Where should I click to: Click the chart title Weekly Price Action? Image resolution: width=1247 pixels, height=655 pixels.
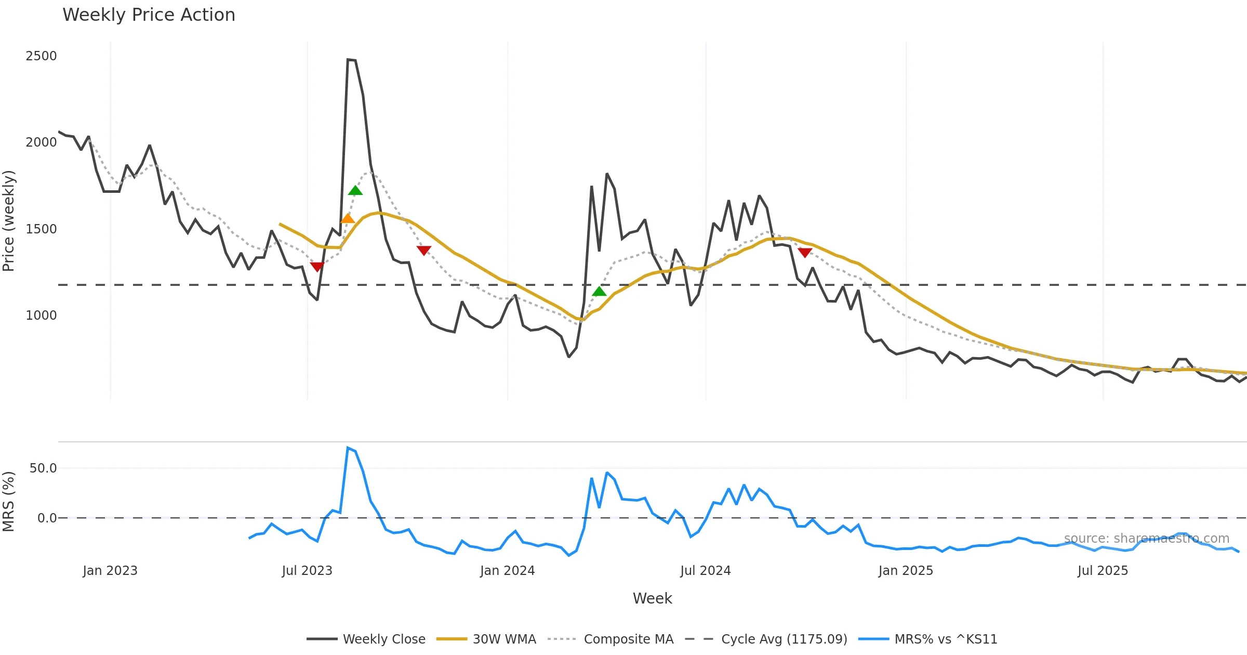149,15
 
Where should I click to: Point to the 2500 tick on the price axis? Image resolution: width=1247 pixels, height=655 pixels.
41,56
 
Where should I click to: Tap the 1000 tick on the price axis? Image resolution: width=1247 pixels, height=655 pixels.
41,316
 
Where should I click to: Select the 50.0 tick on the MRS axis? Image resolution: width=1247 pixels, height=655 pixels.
43,468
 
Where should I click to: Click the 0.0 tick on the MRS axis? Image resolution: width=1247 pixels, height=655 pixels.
47,518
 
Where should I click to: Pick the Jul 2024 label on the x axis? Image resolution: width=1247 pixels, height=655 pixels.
705,571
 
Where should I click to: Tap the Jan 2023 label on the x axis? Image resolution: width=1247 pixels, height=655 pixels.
110,571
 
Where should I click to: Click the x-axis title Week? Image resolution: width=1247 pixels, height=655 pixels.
652,599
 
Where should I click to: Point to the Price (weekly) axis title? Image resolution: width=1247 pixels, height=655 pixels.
9,221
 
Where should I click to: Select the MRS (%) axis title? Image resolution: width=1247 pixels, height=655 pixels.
9,502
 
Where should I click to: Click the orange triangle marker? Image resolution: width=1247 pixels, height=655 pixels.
348,218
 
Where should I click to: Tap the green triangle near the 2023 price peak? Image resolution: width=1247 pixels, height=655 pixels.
355,191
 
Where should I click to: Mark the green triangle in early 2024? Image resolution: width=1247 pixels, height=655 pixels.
599,291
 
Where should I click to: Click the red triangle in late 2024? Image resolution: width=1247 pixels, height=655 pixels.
805,253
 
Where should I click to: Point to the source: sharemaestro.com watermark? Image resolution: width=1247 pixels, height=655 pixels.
1146,539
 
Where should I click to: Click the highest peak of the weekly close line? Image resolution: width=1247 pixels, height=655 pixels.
348,60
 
